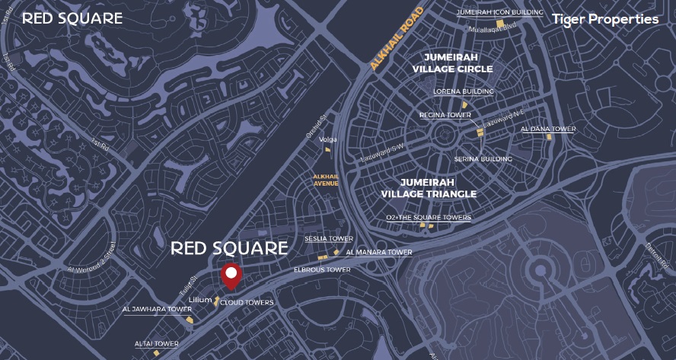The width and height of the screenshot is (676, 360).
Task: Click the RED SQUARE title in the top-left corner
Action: [72, 18]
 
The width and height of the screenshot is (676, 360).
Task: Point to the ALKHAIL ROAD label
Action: [396, 39]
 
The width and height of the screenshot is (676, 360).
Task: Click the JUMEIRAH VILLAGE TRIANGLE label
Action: [429, 188]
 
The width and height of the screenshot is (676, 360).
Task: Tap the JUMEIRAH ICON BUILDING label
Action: [499, 12]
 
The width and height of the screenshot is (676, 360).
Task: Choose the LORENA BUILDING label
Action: [463, 91]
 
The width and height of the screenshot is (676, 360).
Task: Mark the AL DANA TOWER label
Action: [548, 129]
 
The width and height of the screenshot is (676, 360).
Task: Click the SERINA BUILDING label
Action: [483, 159]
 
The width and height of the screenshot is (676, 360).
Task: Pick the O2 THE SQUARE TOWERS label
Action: [429, 218]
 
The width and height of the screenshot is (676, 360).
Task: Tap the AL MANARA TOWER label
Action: [378, 252]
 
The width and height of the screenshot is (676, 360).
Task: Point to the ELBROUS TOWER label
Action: [322, 269]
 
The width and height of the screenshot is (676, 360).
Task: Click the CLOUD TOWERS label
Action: [247, 302]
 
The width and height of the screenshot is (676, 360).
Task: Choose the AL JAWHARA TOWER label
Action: [157, 310]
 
